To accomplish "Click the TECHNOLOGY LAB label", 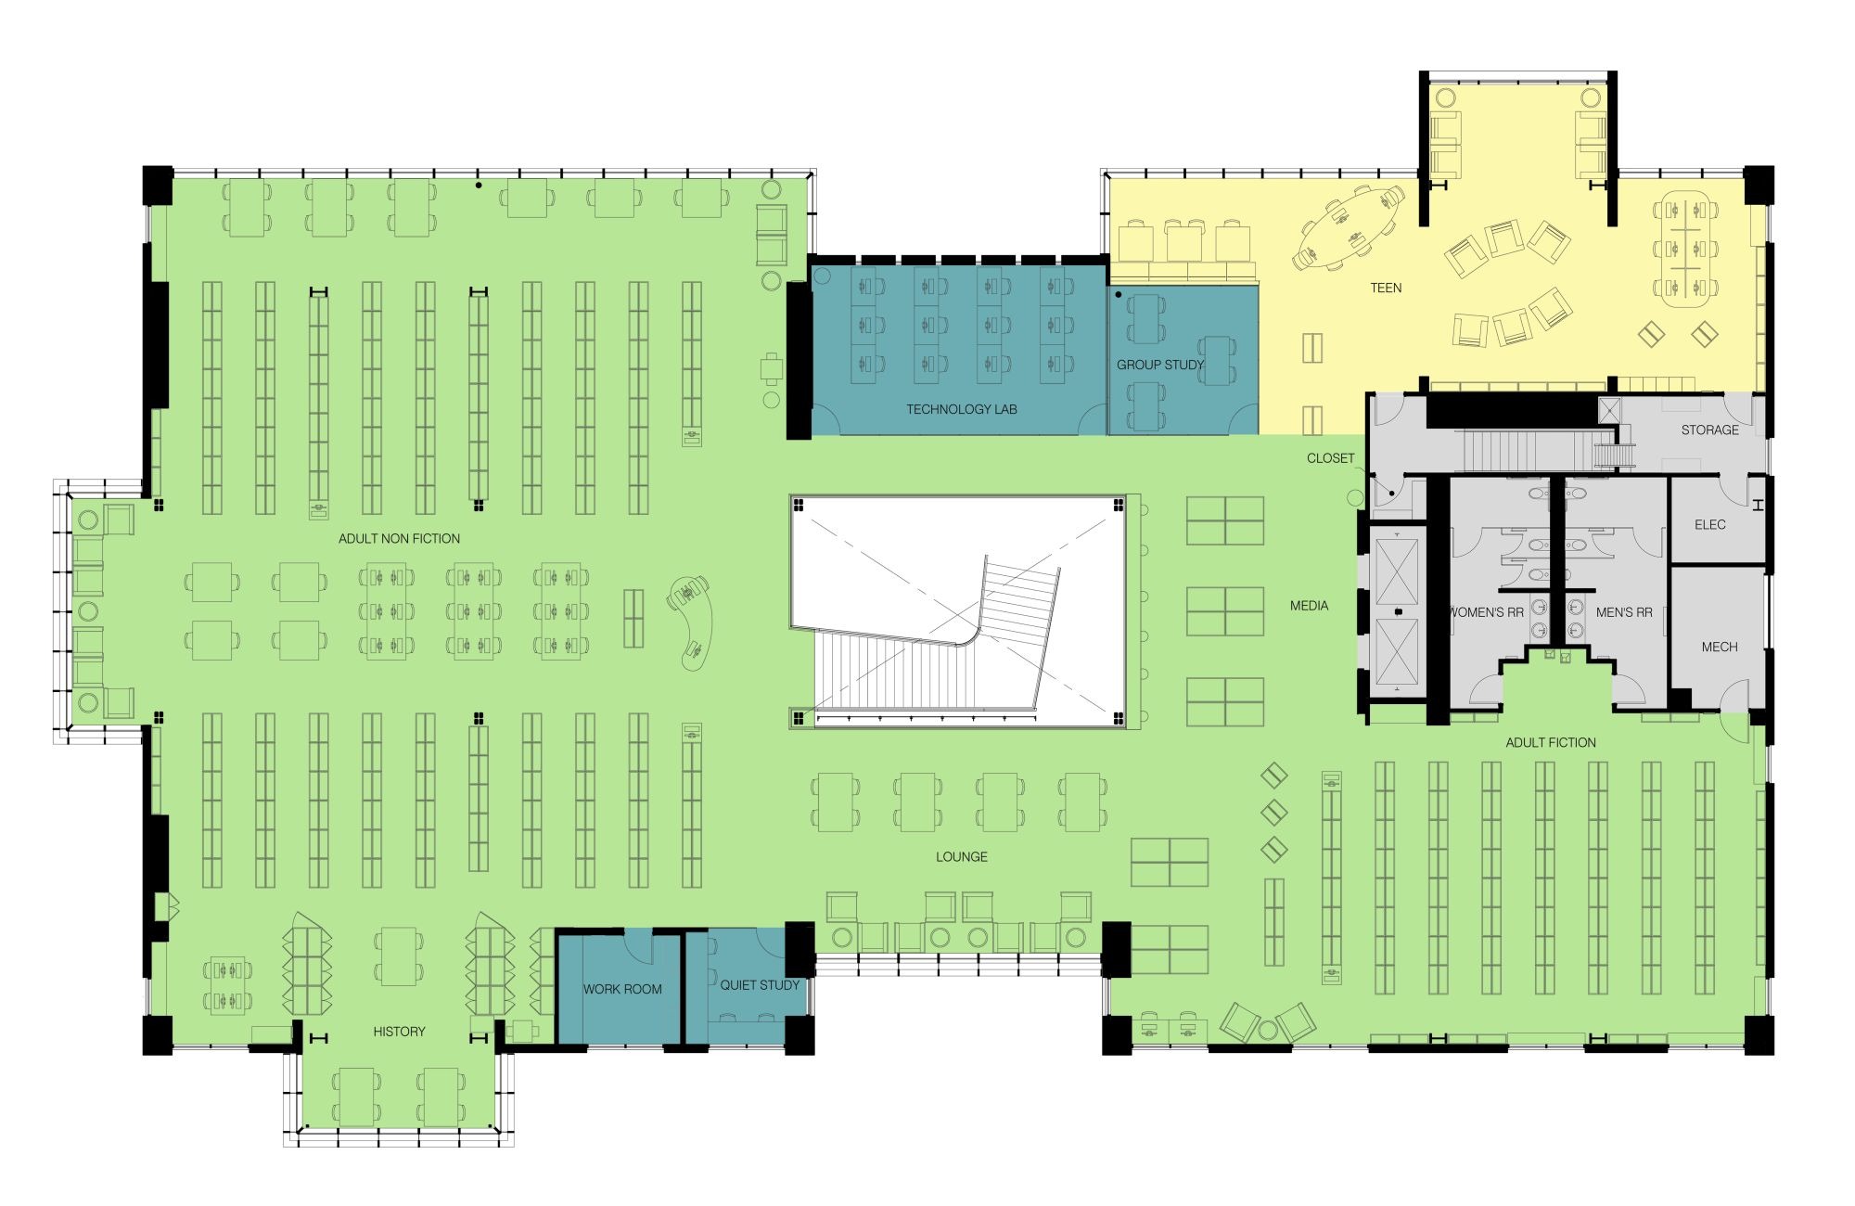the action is (x=961, y=409).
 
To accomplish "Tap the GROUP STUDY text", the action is (x=1159, y=365).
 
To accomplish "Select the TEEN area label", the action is (x=1386, y=288).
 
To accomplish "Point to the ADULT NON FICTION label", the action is (x=399, y=538).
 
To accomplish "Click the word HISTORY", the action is (x=399, y=1032).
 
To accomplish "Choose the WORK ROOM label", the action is (x=622, y=989).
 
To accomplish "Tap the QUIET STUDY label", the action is (x=760, y=985).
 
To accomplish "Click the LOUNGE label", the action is (x=961, y=856).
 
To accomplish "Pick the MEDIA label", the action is (x=1309, y=606).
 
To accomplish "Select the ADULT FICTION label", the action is (x=1551, y=742).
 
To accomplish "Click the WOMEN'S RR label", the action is (x=1486, y=612).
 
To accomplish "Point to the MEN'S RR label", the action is (x=1624, y=612).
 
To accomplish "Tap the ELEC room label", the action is (x=1710, y=524).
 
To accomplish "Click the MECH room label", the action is (x=1720, y=647).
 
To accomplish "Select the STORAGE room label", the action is (x=1710, y=430).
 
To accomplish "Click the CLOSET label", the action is (x=1330, y=458).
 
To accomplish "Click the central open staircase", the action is (x=937, y=640).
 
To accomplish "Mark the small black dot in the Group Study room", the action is (x=1119, y=295).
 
